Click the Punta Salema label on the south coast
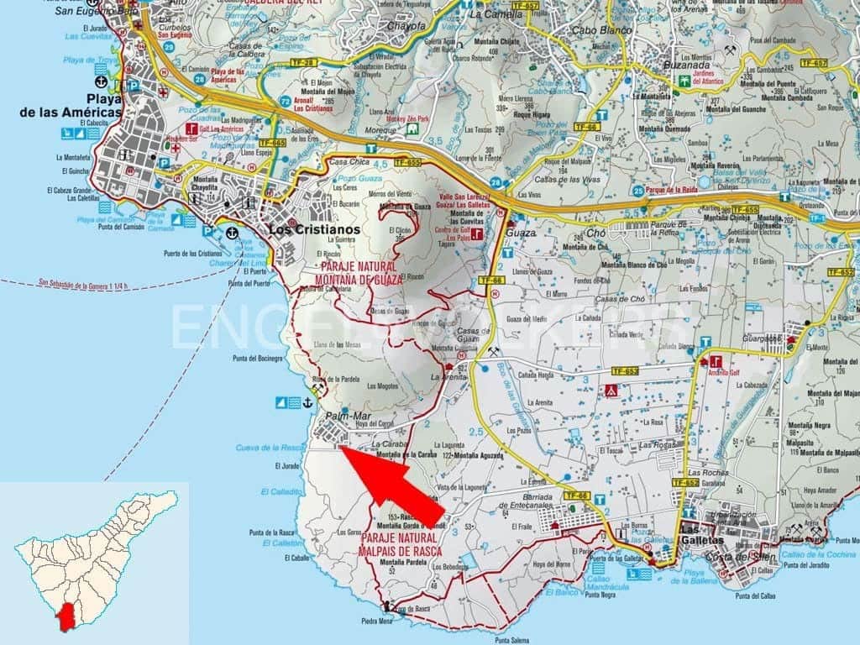[513, 639]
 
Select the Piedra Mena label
[376, 622]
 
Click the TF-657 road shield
[814, 63]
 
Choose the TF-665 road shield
[273, 144]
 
